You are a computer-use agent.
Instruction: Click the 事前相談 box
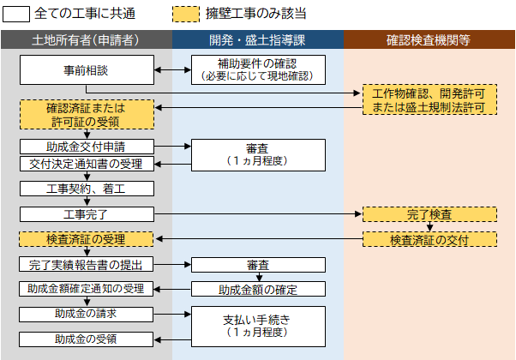87,69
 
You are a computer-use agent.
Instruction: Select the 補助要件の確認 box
258,69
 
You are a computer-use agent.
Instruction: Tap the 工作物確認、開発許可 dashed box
429,99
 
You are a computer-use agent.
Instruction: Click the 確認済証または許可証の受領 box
87,114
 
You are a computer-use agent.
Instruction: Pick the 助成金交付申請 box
87,147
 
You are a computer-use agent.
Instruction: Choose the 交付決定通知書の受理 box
87,164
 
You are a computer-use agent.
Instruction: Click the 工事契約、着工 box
87,188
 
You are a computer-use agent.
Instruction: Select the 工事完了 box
87,213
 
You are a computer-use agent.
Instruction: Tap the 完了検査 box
429,213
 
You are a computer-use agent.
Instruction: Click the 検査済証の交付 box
429,239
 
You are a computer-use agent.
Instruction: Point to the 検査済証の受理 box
87,239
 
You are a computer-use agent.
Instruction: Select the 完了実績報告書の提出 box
87,265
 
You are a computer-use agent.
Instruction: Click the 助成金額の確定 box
258,289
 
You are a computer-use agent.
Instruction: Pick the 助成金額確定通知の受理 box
87,289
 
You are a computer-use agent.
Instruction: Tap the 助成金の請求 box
87,314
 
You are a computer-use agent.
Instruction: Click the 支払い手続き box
258,326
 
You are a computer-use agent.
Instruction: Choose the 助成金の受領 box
87,339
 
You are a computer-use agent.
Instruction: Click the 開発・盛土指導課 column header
258,39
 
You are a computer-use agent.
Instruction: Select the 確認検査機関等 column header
429,39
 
